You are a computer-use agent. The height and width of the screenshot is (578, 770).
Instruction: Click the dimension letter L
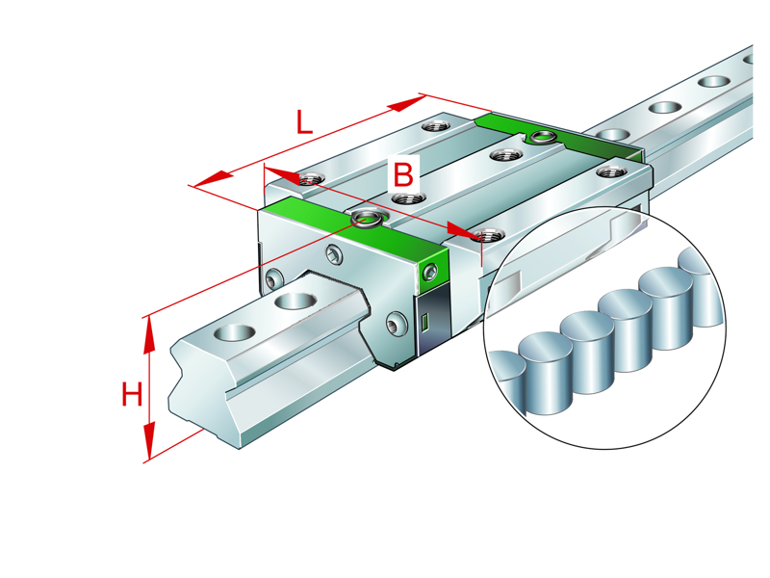tap(303, 122)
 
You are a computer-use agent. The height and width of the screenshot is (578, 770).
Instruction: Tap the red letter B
tap(403, 175)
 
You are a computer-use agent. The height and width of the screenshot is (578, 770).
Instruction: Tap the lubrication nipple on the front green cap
tap(367, 220)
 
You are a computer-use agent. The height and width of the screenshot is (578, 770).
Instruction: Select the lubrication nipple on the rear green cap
tap(540, 137)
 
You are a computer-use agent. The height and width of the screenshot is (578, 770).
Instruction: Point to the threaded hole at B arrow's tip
tap(490, 234)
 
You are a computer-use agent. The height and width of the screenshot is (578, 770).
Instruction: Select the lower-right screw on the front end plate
tap(397, 322)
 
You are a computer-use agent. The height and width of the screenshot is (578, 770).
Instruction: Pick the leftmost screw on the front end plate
tap(275, 278)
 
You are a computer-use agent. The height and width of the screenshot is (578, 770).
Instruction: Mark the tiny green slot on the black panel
tap(422, 324)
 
